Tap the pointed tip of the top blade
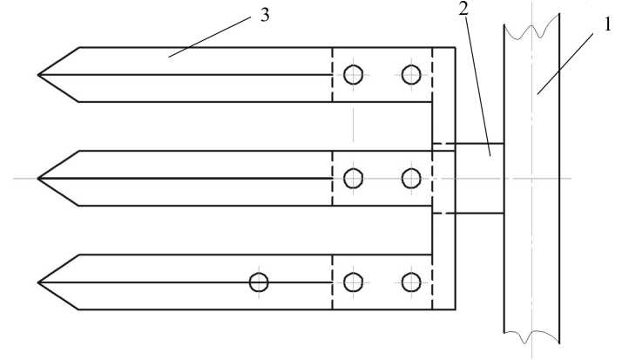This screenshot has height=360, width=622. [39, 75]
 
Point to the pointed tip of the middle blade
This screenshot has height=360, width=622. [39, 179]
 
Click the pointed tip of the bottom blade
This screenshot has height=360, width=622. [39, 282]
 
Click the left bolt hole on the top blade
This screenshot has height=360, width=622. [353, 75]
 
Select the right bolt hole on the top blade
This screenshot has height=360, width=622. [411, 75]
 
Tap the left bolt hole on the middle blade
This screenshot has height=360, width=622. [353, 179]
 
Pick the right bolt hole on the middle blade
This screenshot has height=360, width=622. [411, 179]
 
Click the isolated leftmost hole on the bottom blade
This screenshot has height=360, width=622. [259, 282]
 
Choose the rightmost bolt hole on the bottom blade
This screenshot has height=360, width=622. [411, 282]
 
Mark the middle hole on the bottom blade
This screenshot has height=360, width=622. [353, 282]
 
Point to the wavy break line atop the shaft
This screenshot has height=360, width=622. [532, 28]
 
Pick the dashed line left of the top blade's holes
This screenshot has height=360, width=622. [332, 75]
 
